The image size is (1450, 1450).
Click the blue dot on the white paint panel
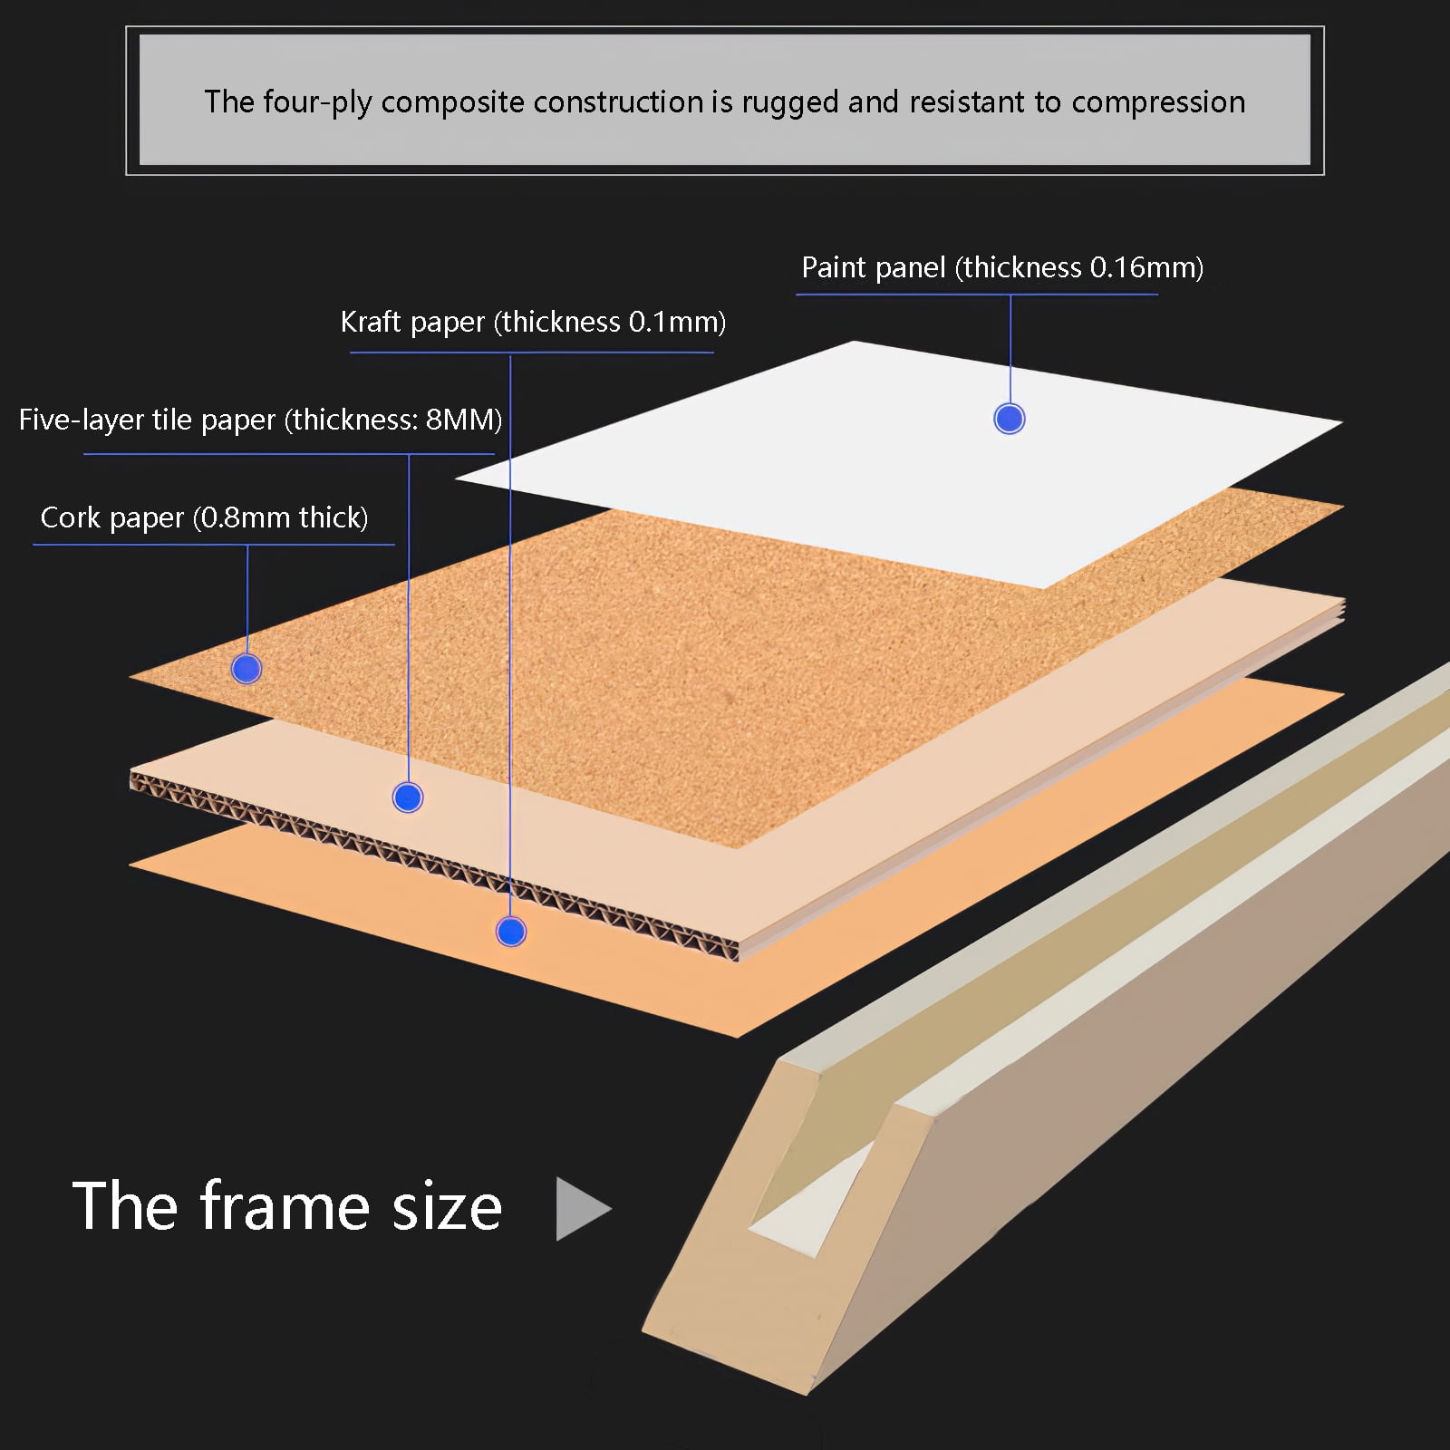tap(1010, 419)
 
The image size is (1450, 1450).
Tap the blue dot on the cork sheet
tap(246, 669)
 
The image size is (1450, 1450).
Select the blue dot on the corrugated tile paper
tap(408, 797)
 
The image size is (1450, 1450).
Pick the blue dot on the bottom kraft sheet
tap(511, 932)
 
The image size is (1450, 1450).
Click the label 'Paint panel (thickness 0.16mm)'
tap(1002, 267)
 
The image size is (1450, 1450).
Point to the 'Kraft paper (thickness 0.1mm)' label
tap(533, 322)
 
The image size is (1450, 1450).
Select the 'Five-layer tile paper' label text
tap(147, 420)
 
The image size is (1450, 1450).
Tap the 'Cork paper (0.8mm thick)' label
tap(204, 517)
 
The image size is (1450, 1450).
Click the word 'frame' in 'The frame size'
tap(285, 1206)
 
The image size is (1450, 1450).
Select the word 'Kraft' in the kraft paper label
tap(371, 322)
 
